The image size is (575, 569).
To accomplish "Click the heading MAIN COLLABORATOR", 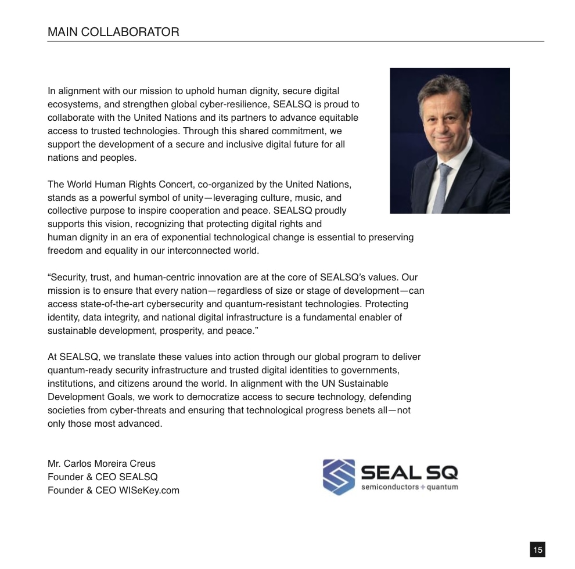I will pos(113,33).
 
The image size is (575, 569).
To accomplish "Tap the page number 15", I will pos(537,549).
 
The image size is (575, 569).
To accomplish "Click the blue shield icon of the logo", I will pos(339,477).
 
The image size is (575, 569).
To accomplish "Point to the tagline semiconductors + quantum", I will pos(409,487).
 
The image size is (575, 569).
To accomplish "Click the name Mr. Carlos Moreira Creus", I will pos(101,464).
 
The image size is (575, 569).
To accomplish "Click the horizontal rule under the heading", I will pos(296,42).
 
